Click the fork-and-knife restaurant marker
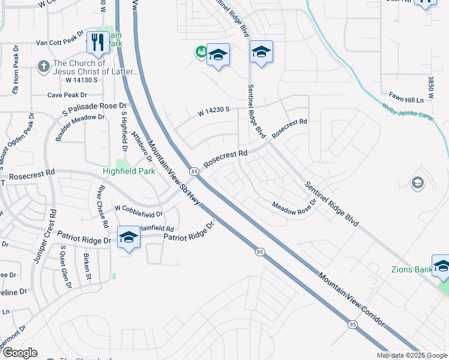pos(96,42)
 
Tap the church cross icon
pos(44,66)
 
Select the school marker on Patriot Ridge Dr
pos(128,237)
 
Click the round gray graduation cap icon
pos(417,182)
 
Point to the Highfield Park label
pos(129,171)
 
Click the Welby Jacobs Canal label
pos(408,112)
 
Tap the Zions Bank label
pos(411,269)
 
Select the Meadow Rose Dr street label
pos(294,208)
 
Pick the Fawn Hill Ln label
pos(411,95)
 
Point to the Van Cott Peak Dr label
pos(59,43)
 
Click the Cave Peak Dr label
pos(67,95)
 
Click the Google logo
pos(19,353)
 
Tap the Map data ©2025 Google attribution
pos(412,355)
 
